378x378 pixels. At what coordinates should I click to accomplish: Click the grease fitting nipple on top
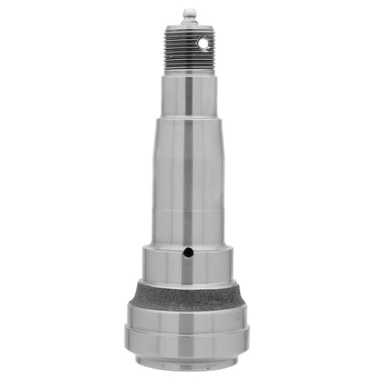pyautogui.click(x=188, y=13)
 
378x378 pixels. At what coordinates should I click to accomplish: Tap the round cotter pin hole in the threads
pyautogui.click(x=212, y=42)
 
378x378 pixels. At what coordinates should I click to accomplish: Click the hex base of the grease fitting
pyautogui.click(x=188, y=24)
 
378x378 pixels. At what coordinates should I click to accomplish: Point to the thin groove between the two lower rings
pyautogui.click(x=188, y=333)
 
